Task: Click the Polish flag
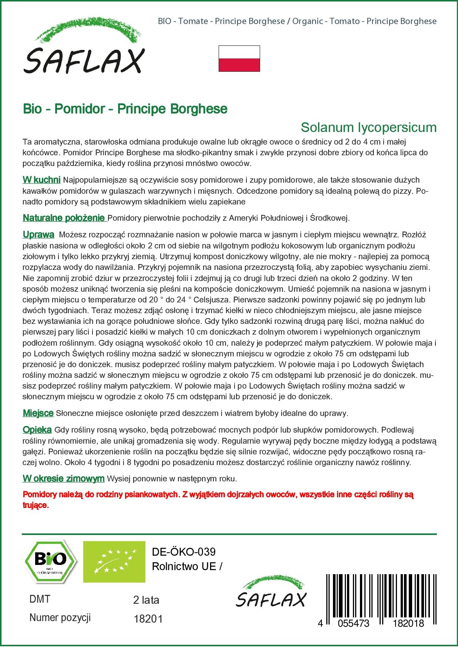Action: (x=239, y=58)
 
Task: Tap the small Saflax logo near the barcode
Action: (x=271, y=592)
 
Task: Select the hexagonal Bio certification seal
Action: (x=51, y=561)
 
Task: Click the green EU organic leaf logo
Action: (x=114, y=561)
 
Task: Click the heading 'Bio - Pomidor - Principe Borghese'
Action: (x=125, y=109)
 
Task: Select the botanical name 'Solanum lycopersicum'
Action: (x=368, y=128)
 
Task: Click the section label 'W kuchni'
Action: (x=41, y=180)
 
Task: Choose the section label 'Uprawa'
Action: (x=38, y=235)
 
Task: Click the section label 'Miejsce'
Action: (x=38, y=413)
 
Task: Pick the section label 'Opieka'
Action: (x=37, y=430)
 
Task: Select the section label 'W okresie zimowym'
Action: (x=64, y=479)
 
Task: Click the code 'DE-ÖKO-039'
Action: (x=183, y=552)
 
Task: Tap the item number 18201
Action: (x=148, y=619)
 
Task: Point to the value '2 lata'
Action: (x=146, y=600)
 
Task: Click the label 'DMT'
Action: (x=40, y=599)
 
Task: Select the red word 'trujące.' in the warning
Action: (x=36, y=505)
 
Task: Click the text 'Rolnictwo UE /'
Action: (x=187, y=566)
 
